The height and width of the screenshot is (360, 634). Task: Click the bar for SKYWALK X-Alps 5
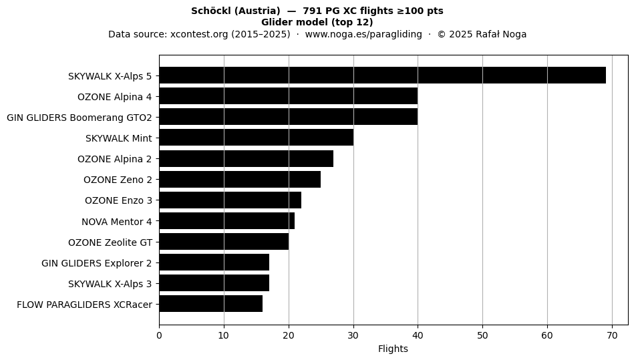pos(383,75)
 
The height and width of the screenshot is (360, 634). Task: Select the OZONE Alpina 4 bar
pos(289,96)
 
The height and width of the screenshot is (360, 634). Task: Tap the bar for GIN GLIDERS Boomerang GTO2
pos(289,117)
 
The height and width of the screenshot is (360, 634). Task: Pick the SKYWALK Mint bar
pos(257,138)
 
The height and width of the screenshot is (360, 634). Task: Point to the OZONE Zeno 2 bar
pos(241,180)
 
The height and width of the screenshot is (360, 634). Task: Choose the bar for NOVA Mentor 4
pos(227,221)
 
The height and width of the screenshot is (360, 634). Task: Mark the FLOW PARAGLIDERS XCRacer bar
pos(211,303)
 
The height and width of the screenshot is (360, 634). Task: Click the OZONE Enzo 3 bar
pos(230,200)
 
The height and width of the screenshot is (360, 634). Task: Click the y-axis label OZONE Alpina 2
pos(114,159)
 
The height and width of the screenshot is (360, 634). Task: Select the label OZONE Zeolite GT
pos(110,242)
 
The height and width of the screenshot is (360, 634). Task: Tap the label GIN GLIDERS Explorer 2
pos(97,263)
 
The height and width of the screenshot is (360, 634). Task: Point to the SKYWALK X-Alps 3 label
pos(110,284)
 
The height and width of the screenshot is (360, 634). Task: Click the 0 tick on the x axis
pos(159,336)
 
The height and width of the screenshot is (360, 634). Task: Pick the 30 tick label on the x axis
pos(353,336)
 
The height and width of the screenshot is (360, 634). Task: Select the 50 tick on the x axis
pos(482,336)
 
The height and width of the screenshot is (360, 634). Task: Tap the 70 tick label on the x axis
pos(612,336)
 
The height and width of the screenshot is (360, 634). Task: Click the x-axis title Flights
pos(393,349)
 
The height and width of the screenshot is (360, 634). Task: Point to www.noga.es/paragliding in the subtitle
pos(363,34)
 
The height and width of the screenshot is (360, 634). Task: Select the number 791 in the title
pos(312,11)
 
